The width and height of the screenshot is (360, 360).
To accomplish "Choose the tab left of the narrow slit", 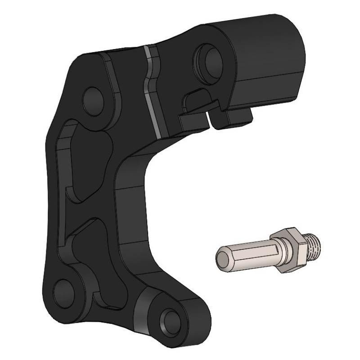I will coord(193,121).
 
